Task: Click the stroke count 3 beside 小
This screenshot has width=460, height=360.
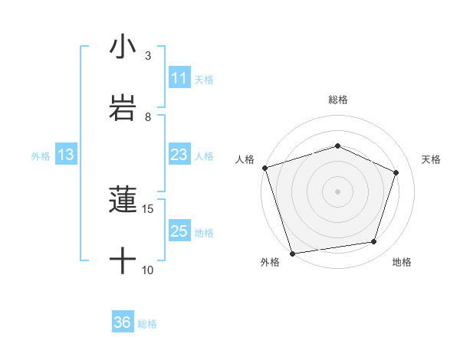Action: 148,56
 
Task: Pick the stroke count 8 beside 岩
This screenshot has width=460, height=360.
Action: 148,116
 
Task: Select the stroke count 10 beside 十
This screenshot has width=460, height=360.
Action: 148,270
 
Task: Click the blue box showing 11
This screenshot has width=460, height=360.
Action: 179,78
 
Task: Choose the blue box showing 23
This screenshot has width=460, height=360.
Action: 179,155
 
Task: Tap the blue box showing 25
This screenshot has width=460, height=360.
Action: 179,231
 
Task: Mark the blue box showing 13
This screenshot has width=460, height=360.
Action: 66,155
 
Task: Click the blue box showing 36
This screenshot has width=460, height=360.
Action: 123,322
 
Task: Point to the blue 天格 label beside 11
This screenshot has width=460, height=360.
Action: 204,79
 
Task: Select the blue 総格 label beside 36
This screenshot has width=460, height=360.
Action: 147,323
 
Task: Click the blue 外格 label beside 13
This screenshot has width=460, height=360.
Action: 41,155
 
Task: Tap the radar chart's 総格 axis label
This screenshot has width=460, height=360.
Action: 337,100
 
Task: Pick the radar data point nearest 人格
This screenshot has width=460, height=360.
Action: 264,168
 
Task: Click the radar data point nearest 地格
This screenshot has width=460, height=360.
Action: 374,242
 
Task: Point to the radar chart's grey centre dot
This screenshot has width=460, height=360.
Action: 337,191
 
